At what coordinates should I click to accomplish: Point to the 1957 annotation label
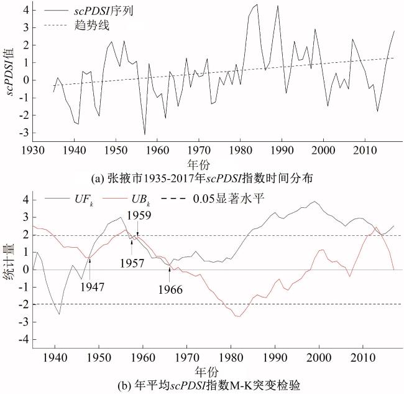click(132, 263)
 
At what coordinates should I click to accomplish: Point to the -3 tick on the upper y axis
click(24, 133)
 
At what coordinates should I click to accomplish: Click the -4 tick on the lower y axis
click(24, 340)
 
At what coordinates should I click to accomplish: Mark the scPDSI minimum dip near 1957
click(145, 134)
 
